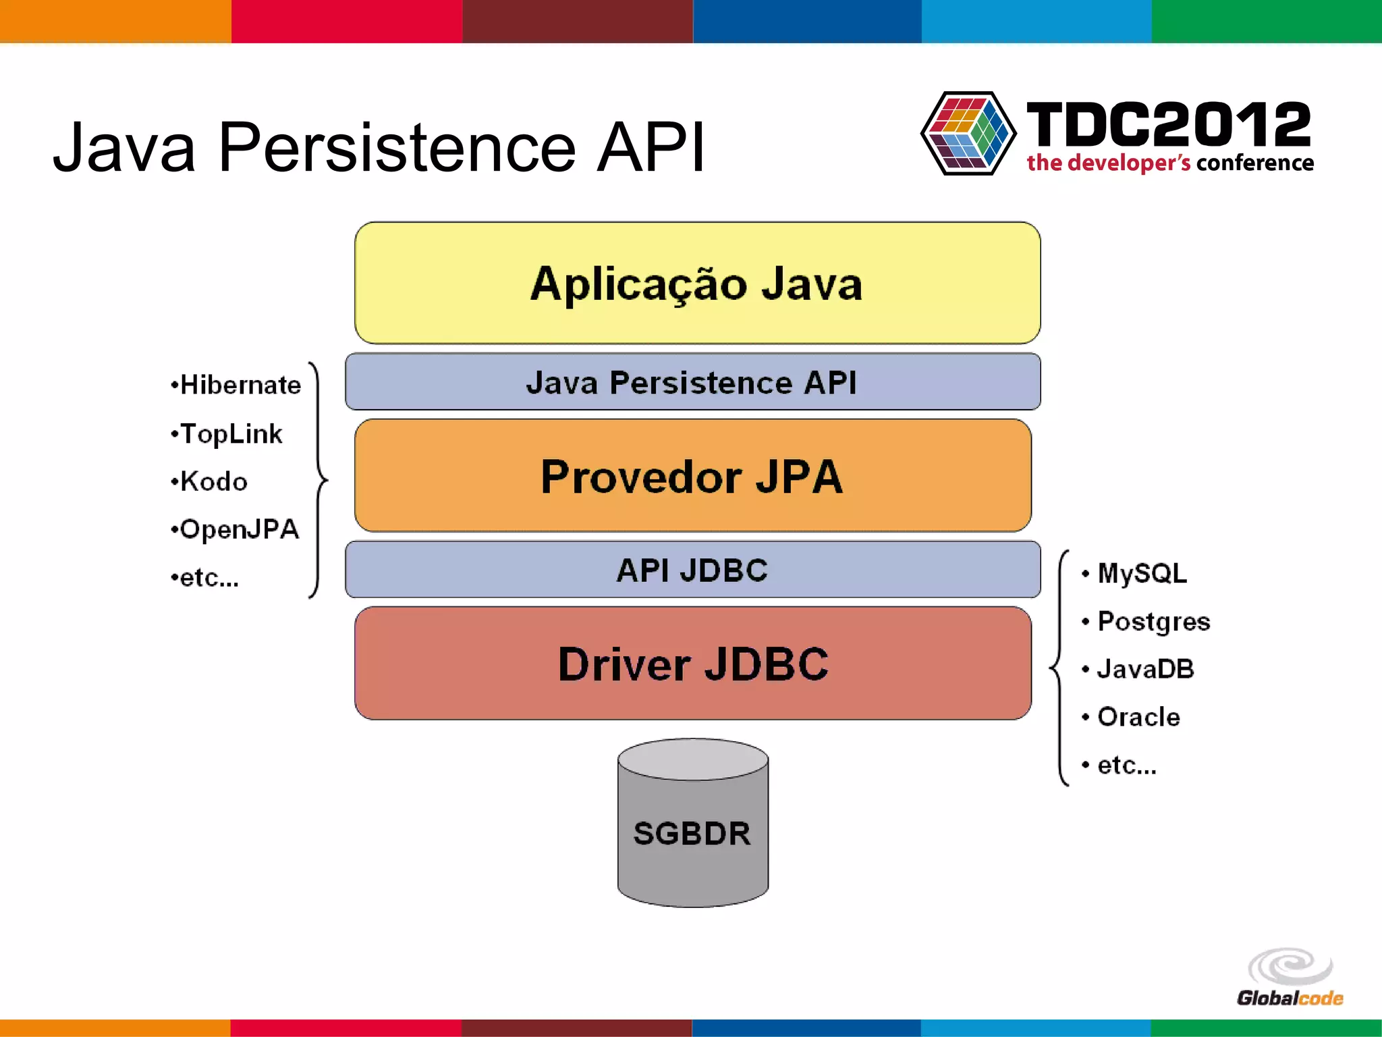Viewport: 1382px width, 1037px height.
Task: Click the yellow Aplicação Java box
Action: click(697, 283)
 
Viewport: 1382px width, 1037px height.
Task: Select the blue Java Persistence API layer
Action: click(692, 382)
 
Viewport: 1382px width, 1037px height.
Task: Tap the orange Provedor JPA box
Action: click(692, 476)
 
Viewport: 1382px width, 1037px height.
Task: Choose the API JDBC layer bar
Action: click(692, 570)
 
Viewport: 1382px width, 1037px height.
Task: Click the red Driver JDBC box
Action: click(692, 664)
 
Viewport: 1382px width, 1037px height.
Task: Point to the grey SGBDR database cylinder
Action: click(692, 824)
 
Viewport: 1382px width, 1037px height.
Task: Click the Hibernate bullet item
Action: click(236, 385)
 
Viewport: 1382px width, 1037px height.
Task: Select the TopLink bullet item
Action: click(227, 433)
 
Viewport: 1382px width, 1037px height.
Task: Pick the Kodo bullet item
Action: click(210, 481)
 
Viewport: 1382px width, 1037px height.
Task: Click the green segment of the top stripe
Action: click(1267, 21)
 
